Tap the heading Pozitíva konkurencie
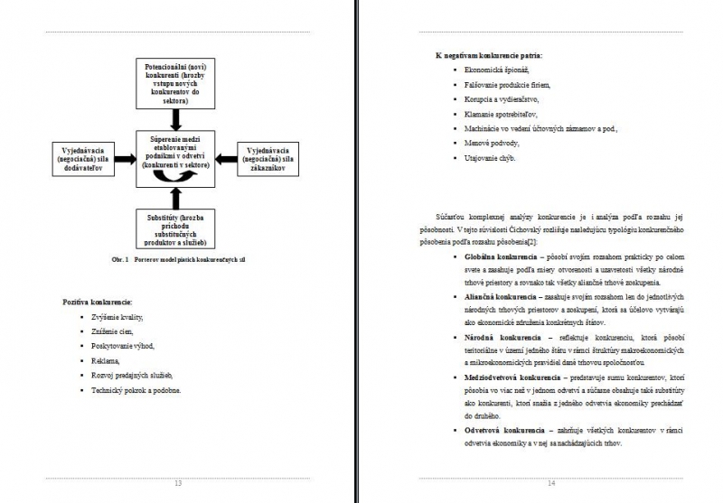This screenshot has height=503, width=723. coord(98,300)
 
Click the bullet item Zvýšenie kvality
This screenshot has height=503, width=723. coord(117,317)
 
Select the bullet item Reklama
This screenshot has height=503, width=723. coord(106,360)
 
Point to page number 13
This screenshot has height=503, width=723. coord(177,484)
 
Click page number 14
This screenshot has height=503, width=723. coord(551,484)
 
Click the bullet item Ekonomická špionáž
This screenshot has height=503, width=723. coord(497,70)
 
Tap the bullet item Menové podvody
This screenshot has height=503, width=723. coord(492,143)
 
